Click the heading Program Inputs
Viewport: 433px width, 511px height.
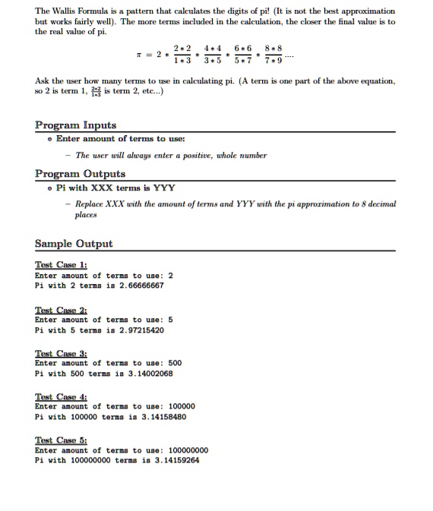click(75, 125)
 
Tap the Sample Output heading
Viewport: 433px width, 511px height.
click(74, 244)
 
